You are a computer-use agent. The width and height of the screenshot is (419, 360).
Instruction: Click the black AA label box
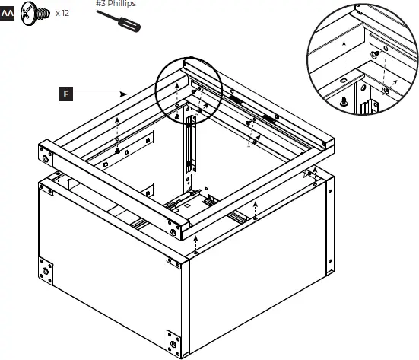[x=8, y=14]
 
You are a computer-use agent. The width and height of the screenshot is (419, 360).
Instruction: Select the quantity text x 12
[x=62, y=14]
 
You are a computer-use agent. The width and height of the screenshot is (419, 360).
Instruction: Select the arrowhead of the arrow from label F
[x=125, y=94]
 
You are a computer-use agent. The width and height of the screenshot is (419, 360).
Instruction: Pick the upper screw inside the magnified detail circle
[x=375, y=54]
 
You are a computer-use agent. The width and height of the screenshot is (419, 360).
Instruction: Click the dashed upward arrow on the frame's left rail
[x=116, y=129]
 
